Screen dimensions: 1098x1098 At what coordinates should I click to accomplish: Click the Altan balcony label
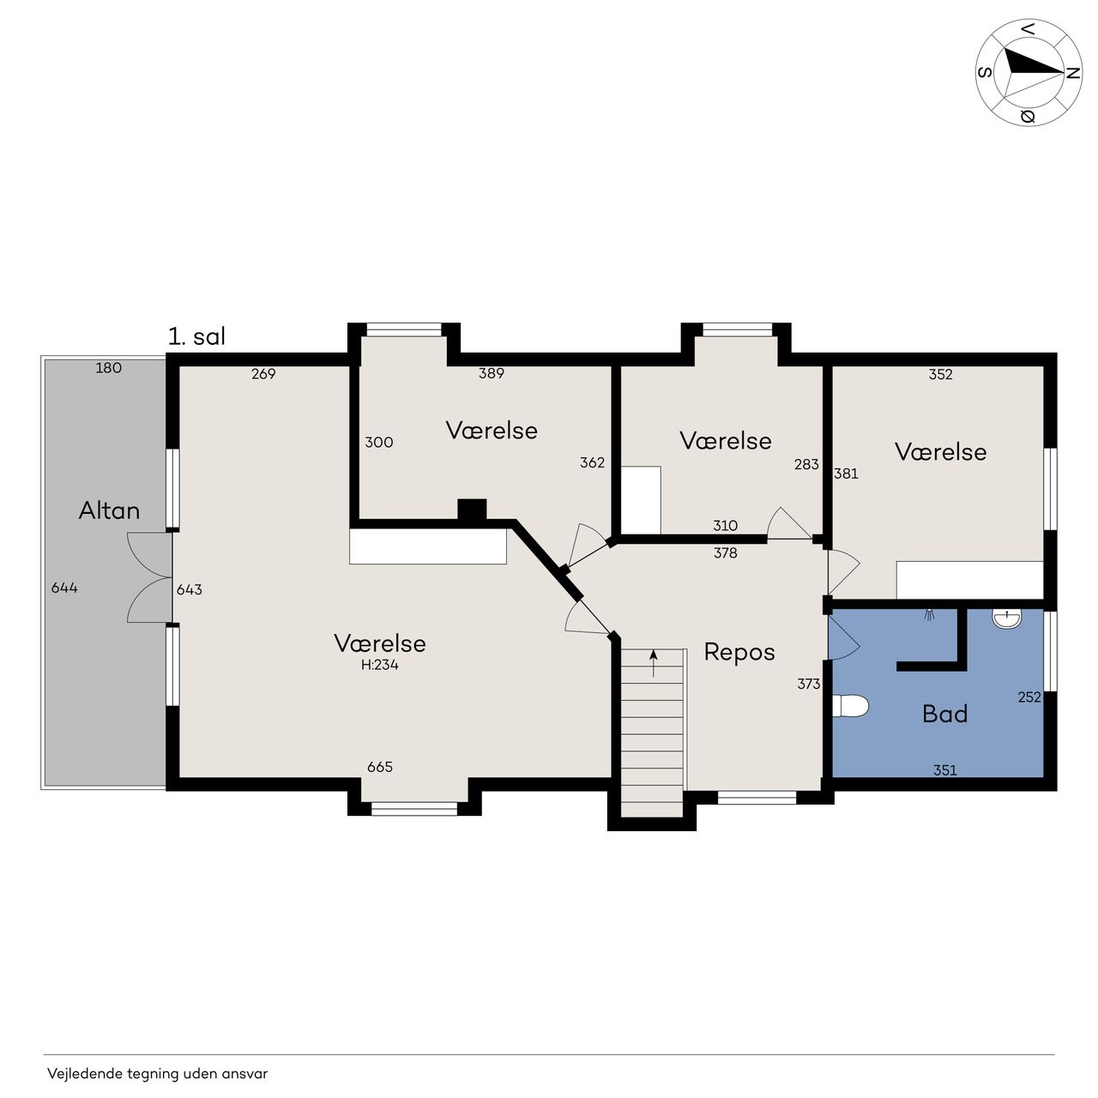coord(109,510)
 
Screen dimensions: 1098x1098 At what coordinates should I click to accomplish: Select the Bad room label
coord(944,714)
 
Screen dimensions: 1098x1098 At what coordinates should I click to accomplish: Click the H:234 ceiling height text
coord(379,665)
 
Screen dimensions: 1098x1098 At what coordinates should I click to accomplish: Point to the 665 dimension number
coord(380,767)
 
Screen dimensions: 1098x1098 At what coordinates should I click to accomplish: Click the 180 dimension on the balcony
coord(108,368)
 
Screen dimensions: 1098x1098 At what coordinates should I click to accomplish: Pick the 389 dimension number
coord(492,373)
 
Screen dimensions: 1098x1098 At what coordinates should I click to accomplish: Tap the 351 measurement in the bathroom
coord(944,770)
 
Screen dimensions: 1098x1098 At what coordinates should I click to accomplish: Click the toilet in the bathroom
coord(850,706)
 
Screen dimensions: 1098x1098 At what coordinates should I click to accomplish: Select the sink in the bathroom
coord(1007,618)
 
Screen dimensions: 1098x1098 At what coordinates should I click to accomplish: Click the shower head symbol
coord(929,615)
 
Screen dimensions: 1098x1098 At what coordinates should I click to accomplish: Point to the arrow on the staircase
coord(654,663)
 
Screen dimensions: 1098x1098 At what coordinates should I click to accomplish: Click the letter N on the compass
coord(1073,73)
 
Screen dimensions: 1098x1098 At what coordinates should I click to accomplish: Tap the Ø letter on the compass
coord(1028,117)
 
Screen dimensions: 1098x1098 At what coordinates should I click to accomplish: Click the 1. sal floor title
coord(196,336)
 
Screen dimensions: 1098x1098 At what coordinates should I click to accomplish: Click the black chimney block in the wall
coord(472,510)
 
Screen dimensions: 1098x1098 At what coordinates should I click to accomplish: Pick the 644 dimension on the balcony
coord(64,588)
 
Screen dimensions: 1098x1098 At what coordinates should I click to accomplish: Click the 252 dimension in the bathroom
coord(1029,697)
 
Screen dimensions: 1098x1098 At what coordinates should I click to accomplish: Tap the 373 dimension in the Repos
coord(809,684)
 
